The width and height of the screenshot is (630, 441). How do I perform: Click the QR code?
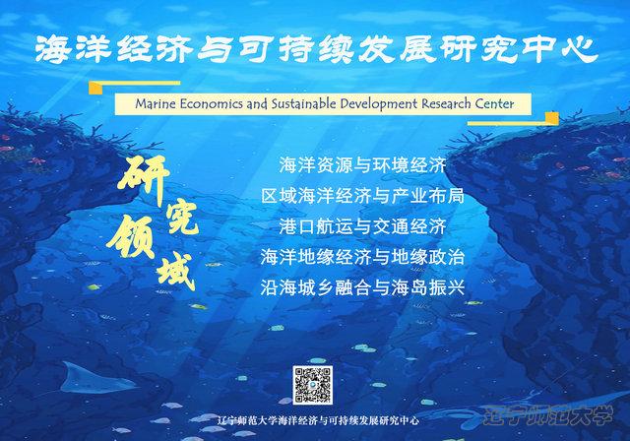pos(313,385)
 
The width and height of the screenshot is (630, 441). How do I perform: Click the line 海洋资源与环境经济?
pos(362,165)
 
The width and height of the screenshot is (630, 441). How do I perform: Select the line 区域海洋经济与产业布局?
pos(362,196)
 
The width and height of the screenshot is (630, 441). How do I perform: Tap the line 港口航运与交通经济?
pos(362,226)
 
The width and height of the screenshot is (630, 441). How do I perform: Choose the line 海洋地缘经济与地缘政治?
pos(362,257)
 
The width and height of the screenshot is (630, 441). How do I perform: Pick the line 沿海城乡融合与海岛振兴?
pos(362,287)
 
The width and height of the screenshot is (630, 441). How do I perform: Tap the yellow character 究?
pos(182,218)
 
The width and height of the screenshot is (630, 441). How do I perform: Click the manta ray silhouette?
pos(95,379)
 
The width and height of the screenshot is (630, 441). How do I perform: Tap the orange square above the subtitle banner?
pos(95,88)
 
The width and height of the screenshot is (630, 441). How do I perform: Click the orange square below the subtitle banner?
pos(551,118)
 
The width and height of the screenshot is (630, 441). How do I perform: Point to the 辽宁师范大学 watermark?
pos(549,415)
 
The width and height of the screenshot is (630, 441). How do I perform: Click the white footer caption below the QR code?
pos(317,420)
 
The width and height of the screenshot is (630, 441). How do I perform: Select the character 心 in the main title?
pos(580,50)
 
